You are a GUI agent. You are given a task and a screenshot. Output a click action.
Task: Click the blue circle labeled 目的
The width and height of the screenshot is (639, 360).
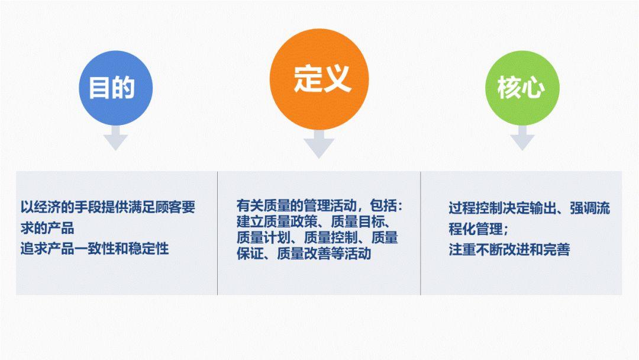[x=116, y=88]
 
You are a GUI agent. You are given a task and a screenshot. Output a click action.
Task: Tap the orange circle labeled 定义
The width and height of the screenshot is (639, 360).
[x=319, y=79]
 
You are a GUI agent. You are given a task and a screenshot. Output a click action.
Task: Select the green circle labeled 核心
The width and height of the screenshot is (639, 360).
[x=522, y=88]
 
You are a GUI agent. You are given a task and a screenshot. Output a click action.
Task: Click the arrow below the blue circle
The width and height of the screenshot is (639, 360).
[x=116, y=138]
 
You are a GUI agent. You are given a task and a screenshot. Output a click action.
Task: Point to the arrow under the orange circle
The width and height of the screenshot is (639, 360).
[x=319, y=144]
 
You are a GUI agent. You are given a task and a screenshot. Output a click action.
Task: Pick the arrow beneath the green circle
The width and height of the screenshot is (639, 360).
[x=522, y=138]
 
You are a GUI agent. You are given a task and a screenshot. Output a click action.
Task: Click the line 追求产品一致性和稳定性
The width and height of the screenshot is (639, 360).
[x=95, y=248]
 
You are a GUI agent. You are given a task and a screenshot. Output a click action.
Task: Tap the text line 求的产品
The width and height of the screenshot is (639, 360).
[x=47, y=228]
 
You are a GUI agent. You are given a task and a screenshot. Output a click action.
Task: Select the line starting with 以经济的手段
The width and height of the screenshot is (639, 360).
[x=108, y=207]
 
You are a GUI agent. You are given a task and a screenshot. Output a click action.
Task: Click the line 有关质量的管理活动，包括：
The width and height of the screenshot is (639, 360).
[x=319, y=205]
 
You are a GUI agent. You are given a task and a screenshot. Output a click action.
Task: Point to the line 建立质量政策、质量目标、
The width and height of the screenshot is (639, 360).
[x=314, y=221]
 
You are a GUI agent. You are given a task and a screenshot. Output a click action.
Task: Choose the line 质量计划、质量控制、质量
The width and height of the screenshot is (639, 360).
[x=317, y=237]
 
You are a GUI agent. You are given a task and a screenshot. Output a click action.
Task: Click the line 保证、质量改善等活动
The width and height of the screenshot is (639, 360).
[x=304, y=253]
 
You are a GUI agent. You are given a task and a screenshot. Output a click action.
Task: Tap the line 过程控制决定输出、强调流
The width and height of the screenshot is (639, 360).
[x=530, y=208]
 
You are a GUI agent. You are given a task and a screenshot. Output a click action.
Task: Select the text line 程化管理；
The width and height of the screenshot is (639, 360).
[x=479, y=229]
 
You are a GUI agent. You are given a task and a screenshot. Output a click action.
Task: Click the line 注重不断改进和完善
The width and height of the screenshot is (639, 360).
[x=509, y=249]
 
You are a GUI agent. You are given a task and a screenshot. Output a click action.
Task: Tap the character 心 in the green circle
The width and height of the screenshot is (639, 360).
[x=533, y=88]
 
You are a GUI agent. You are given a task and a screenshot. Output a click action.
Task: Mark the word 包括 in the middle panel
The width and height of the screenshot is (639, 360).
[x=383, y=205]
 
